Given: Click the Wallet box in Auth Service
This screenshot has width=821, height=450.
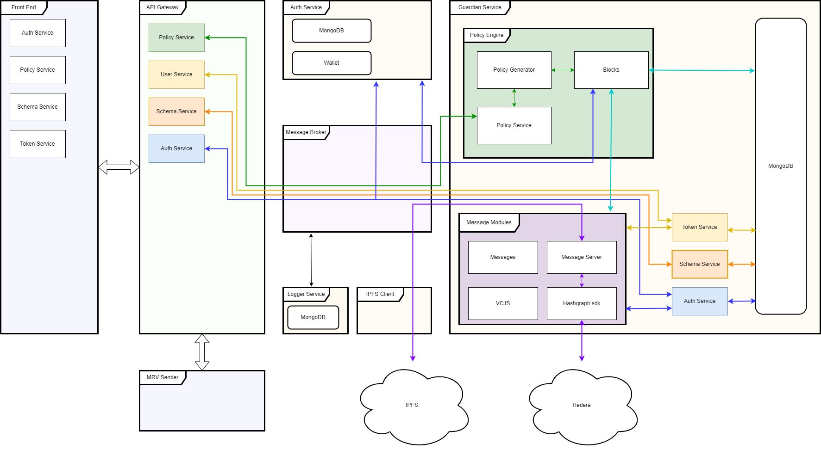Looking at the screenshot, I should pos(332,63).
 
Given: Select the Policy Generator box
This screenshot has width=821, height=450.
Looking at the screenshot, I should pos(514,70).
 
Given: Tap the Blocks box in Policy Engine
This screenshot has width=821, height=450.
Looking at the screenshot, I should pos(611,70).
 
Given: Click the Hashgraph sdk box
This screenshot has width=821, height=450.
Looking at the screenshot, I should pos(582,303).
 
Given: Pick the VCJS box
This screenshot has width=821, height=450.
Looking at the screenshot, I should pos(503,303).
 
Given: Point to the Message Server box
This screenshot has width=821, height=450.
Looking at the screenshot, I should pos(582,257).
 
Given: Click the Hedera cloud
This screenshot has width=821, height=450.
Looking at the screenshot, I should pos(582,406).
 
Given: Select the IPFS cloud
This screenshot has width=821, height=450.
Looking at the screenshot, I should pos(412,406).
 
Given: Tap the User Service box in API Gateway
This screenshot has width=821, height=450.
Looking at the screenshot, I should pos(176,74).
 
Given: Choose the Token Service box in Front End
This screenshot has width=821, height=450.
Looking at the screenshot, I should pos(38,144).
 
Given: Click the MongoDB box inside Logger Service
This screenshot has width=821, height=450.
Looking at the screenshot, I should pos(313,317).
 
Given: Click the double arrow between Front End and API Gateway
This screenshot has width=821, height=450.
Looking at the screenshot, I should pos(119,167).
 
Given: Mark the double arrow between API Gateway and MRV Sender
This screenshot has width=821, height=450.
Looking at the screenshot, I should pos(202,352).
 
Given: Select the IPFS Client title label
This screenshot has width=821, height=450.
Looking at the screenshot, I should pos(380,294).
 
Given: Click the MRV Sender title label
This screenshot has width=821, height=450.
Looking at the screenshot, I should pos(163,377).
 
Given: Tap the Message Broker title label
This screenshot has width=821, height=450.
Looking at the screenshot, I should pos(306,132).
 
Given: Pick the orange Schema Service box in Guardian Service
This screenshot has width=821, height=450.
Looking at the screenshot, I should pos(700,264).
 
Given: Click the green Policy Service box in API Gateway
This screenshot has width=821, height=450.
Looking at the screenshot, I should pos(176,37).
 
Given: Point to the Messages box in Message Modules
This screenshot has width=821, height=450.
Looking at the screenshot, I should pos(503,257).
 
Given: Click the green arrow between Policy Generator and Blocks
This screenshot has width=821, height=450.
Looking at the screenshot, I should pos(563,70).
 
